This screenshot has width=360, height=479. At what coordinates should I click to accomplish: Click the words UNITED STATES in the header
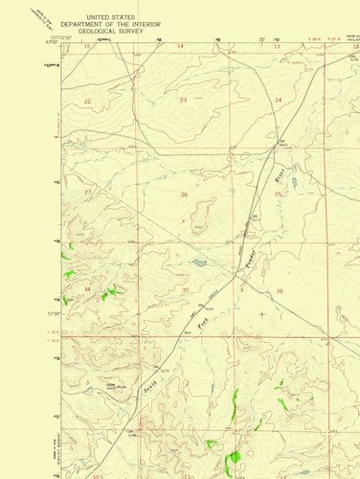click(x=108, y=17)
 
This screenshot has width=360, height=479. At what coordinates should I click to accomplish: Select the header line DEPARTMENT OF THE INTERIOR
click(x=108, y=24)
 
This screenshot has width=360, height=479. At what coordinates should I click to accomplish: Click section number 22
click(x=88, y=101)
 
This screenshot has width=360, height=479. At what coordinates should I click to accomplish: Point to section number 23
click(x=183, y=100)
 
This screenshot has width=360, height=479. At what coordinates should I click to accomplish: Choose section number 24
click(x=279, y=100)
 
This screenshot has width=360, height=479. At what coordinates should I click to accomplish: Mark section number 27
click(x=88, y=193)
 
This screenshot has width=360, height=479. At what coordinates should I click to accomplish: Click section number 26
click(x=184, y=194)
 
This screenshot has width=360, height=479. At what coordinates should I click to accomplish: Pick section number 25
click(x=279, y=194)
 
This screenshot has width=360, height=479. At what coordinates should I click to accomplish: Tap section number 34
click(x=88, y=288)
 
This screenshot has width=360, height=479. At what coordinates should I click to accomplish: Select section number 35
click(x=186, y=288)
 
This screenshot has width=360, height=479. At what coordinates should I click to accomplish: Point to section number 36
click(x=280, y=290)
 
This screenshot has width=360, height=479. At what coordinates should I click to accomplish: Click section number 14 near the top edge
click(x=180, y=45)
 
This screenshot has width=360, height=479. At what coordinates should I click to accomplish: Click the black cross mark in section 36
click(x=262, y=313)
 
